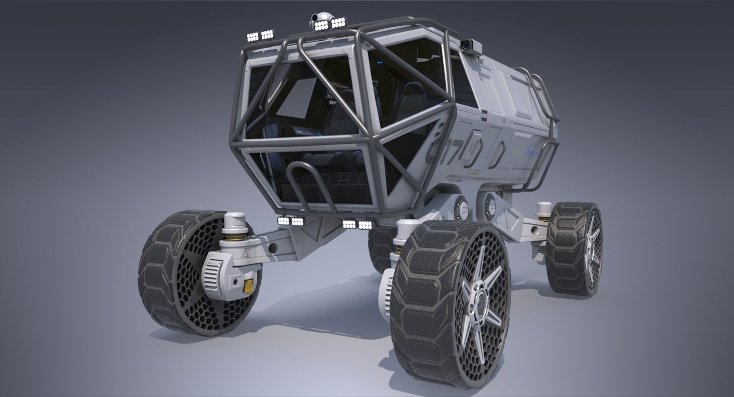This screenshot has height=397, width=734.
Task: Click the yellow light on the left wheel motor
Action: click(x=248, y=286)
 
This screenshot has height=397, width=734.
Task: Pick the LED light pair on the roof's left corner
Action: click(x=260, y=36)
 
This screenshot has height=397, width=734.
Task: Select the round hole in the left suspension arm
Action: click(x=272, y=248)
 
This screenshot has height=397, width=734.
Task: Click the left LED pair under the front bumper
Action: click(x=291, y=221)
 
